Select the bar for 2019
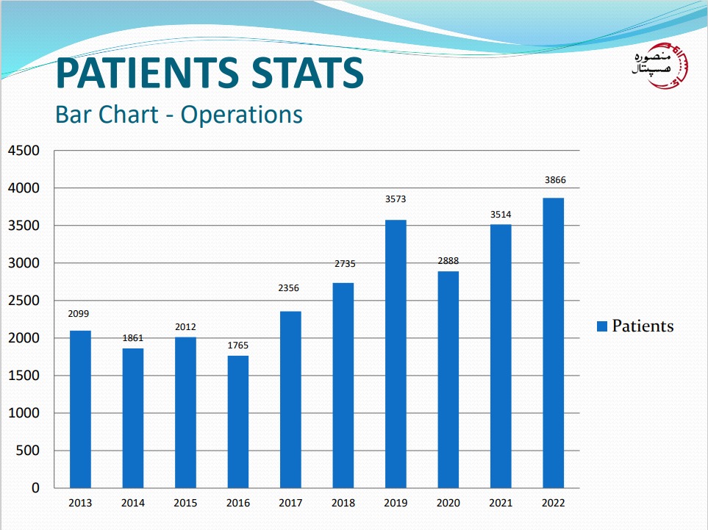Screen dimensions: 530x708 [x=396, y=354]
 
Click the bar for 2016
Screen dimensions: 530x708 [x=237, y=421]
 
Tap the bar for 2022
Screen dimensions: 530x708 [x=553, y=343]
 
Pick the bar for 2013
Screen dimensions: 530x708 [x=80, y=409]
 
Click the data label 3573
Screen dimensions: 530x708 [x=396, y=198]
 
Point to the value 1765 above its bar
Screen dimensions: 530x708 [x=237, y=343]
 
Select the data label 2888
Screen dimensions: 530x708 [x=448, y=260]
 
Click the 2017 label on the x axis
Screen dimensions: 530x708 [x=290, y=503]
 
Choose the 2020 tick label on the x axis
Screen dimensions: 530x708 [x=448, y=503]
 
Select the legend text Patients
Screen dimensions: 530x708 [x=643, y=326]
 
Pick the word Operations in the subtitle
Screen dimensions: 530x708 [x=242, y=115]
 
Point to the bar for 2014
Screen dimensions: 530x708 [x=133, y=418]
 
